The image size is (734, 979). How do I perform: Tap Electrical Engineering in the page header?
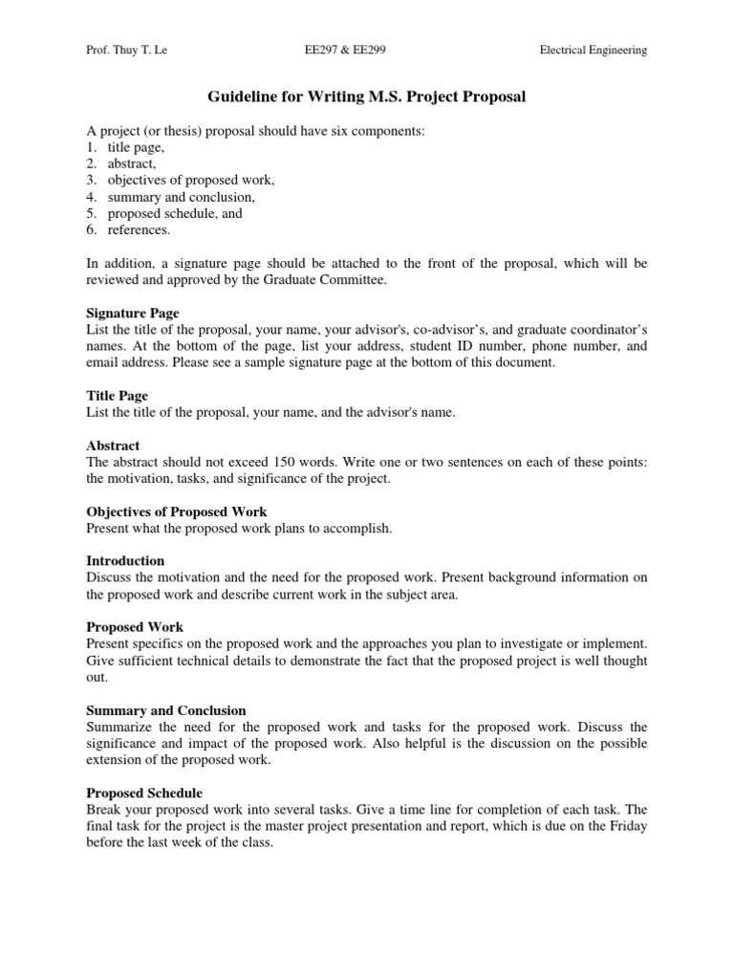(594, 51)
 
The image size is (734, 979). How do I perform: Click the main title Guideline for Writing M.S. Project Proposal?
(367, 97)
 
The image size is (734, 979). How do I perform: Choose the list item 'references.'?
(140, 230)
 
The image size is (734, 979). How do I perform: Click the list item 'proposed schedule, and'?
(175, 213)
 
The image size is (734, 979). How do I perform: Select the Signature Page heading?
(133, 313)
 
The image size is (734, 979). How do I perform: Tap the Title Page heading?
(118, 395)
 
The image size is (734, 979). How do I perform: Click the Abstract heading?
(113, 445)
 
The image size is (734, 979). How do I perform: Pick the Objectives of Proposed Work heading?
(177, 511)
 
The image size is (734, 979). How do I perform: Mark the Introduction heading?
(125, 560)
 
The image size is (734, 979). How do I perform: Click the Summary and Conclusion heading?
(166, 710)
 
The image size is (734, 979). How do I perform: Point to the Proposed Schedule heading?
(143, 793)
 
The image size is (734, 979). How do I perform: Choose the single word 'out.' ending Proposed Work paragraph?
(97, 677)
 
